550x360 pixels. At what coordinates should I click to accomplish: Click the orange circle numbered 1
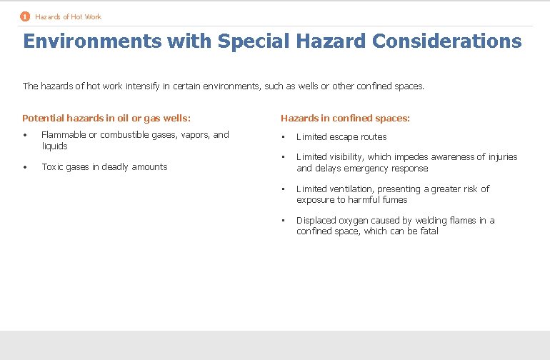pyautogui.click(x=25, y=16)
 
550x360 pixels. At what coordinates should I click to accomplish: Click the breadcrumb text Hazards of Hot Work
pyautogui.click(x=68, y=16)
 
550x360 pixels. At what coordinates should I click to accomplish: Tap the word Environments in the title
pyautogui.click(x=92, y=41)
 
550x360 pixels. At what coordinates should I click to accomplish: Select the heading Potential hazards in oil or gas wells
pyautogui.click(x=106, y=119)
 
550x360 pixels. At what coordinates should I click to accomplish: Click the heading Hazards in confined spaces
pyautogui.click(x=345, y=119)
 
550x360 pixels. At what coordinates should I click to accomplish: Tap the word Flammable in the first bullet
pyautogui.click(x=64, y=135)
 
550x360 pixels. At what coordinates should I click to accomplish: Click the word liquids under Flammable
pyautogui.click(x=54, y=146)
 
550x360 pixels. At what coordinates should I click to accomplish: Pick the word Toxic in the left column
pyautogui.click(x=52, y=167)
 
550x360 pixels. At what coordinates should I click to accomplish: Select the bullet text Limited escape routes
pyautogui.click(x=341, y=137)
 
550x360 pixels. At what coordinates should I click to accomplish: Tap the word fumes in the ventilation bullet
pyautogui.click(x=394, y=200)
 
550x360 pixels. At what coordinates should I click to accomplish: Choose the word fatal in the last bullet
pyautogui.click(x=429, y=231)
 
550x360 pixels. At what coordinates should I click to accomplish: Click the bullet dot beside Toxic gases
pyautogui.click(x=25, y=167)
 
